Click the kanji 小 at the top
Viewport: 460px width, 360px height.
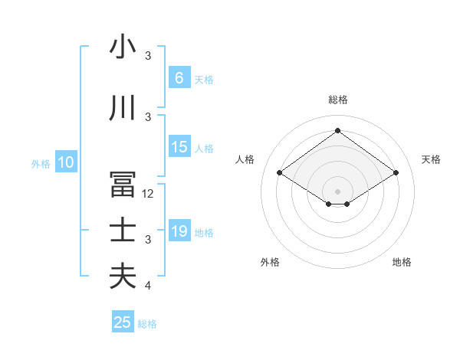(123, 47)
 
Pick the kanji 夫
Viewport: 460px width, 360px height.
(123, 276)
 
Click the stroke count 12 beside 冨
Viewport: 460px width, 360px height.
(149, 194)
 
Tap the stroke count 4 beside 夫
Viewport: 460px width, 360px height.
(149, 286)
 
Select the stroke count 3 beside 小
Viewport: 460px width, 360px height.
(149, 56)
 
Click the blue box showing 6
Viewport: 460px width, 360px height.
(179, 77)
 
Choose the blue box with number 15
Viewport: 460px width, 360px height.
(179, 147)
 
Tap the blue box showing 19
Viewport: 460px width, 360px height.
(179, 231)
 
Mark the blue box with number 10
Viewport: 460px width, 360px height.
(65, 162)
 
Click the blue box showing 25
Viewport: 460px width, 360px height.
(123, 322)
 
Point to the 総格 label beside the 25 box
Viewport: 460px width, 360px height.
(147, 324)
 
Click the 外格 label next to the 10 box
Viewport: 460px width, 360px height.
(40, 163)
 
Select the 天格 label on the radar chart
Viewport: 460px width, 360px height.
(431, 159)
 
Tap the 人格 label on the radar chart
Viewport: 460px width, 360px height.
(245, 159)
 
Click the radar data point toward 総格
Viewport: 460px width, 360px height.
(337, 130)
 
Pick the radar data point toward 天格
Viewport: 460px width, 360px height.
(396, 173)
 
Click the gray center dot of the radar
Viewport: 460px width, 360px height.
(337, 190)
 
